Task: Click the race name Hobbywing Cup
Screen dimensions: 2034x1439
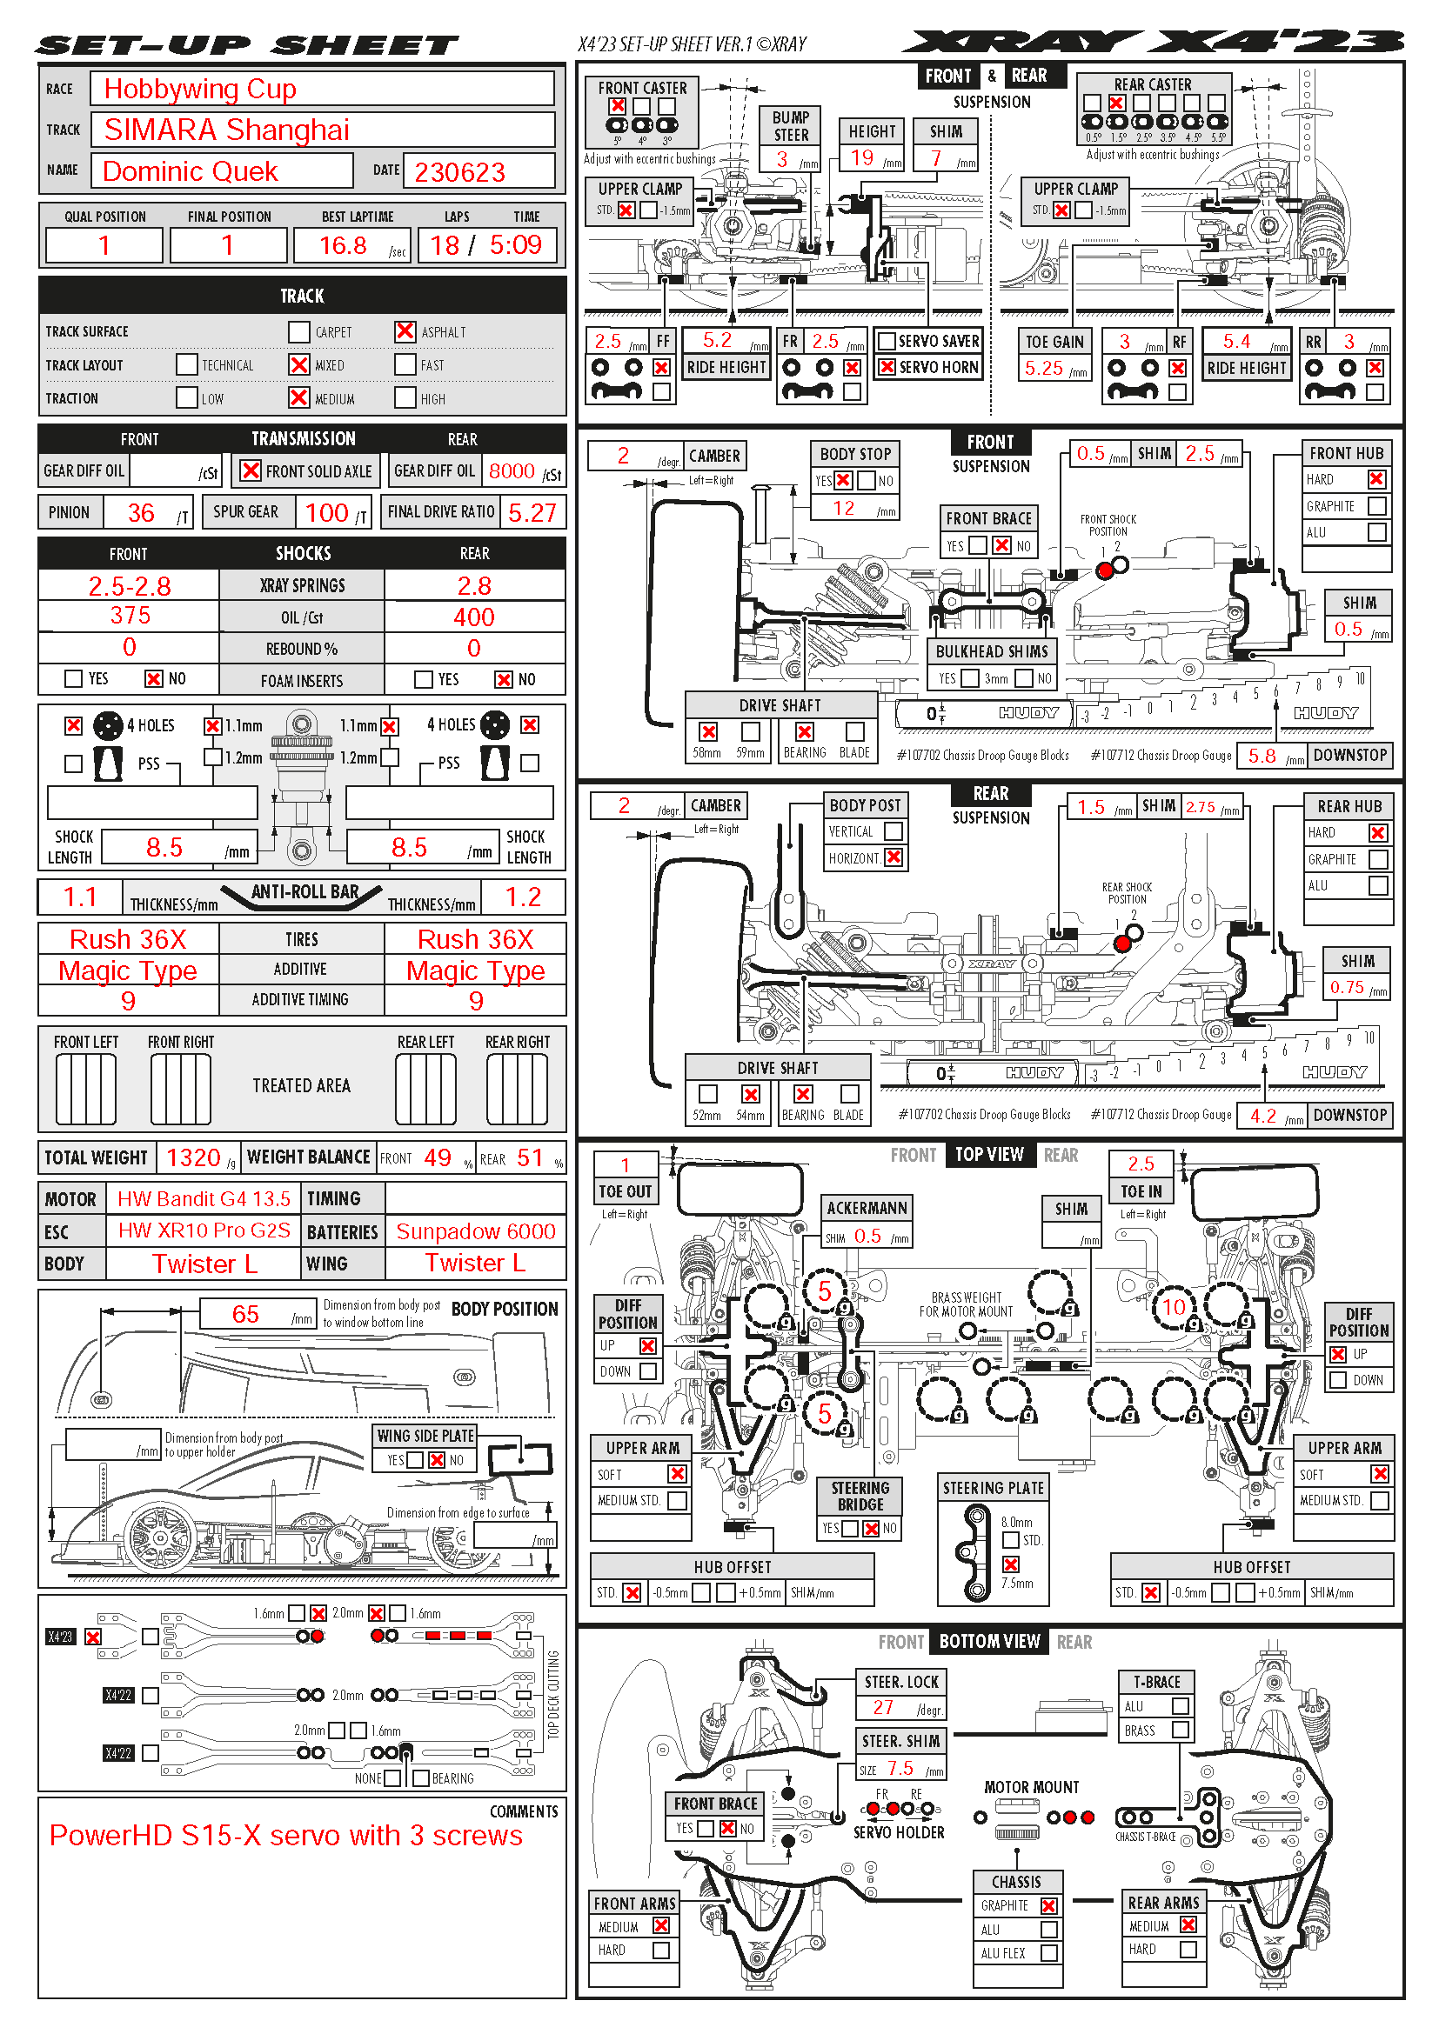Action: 200,90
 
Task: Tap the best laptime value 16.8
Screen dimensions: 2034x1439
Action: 343,245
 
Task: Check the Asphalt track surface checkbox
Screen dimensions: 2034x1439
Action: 405,331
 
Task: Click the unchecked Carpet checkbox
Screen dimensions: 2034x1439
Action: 298,332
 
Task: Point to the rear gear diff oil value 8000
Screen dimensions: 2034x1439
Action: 512,471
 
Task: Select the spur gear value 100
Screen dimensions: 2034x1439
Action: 326,513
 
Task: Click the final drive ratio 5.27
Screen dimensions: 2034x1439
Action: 532,513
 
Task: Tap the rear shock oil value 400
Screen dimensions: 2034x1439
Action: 474,617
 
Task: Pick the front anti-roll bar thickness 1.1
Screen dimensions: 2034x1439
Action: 80,897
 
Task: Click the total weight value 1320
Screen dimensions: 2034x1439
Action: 193,1157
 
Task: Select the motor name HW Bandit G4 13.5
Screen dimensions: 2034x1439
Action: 204,1199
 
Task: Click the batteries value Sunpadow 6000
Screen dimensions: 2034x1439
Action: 475,1232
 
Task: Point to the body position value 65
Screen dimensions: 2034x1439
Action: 245,1315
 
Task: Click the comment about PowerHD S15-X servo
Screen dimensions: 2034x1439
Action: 285,1836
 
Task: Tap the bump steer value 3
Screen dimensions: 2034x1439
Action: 782,159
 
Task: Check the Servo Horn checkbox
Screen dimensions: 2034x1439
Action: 886,367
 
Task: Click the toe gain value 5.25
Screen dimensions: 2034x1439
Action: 1044,369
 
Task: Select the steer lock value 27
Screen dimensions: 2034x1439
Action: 883,1707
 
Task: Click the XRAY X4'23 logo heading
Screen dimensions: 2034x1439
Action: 1152,42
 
